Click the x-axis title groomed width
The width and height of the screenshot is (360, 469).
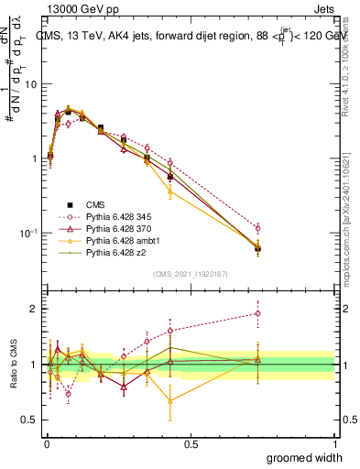pos(300,457)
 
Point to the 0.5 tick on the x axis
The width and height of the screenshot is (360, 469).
pos(191,444)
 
